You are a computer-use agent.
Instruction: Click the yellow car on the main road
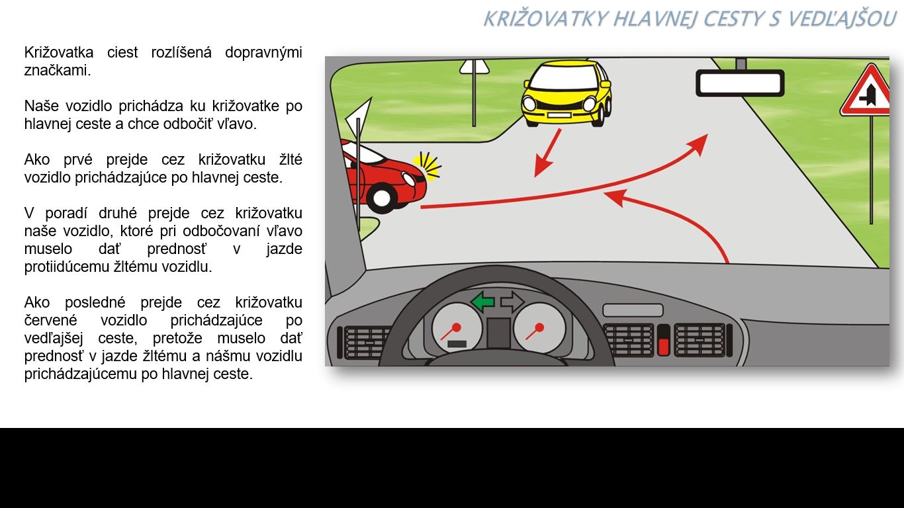coord(566,93)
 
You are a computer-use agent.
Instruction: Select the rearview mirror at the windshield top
coord(740,83)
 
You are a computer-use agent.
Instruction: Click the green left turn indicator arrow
coord(482,302)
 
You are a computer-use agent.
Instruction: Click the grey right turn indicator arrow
coord(512,302)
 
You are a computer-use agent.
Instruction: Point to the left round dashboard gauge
coord(457,327)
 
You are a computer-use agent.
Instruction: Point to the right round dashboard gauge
coord(539,327)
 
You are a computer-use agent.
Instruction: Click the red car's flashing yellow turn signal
coord(427,166)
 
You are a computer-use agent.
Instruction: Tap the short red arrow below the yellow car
coord(547,153)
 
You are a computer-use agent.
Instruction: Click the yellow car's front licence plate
coord(559,115)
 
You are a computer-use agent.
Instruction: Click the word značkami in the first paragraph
coord(58,70)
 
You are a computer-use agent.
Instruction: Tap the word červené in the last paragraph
coord(50,320)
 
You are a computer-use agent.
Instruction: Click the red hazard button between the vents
coord(664,346)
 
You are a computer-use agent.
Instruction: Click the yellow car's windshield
coord(567,77)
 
